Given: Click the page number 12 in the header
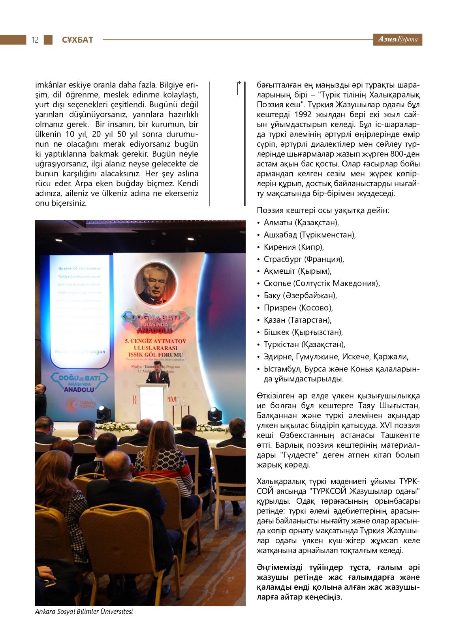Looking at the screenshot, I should pyautogui.click(x=35, y=40).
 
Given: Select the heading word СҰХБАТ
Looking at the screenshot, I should pyautogui.click(x=77, y=40).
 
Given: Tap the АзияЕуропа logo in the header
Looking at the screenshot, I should pyautogui.click(x=397, y=39).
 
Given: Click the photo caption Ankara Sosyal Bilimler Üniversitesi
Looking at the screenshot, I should pyautogui.click(x=84, y=611).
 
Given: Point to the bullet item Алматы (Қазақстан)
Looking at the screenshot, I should pyautogui.click(x=301, y=222).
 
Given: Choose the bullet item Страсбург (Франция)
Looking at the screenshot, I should pyautogui.click(x=304, y=259).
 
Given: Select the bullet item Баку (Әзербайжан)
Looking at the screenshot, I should pyautogui.click(x=300, y=295).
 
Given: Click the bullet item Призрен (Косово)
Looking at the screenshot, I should pyautogui.click(x=298, y=308).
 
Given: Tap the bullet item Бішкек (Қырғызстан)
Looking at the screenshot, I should pyautogui.click(x=303, y=332).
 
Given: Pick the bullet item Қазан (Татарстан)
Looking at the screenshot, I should pyautogui.click(x=297, y=320).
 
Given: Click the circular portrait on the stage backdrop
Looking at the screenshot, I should pyautogui.click(x=155, y=284).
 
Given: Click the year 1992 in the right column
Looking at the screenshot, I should pyautogui.click(x=304, y=114).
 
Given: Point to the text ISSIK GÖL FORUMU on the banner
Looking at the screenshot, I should pyautogui.click(x=156, y=355).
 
